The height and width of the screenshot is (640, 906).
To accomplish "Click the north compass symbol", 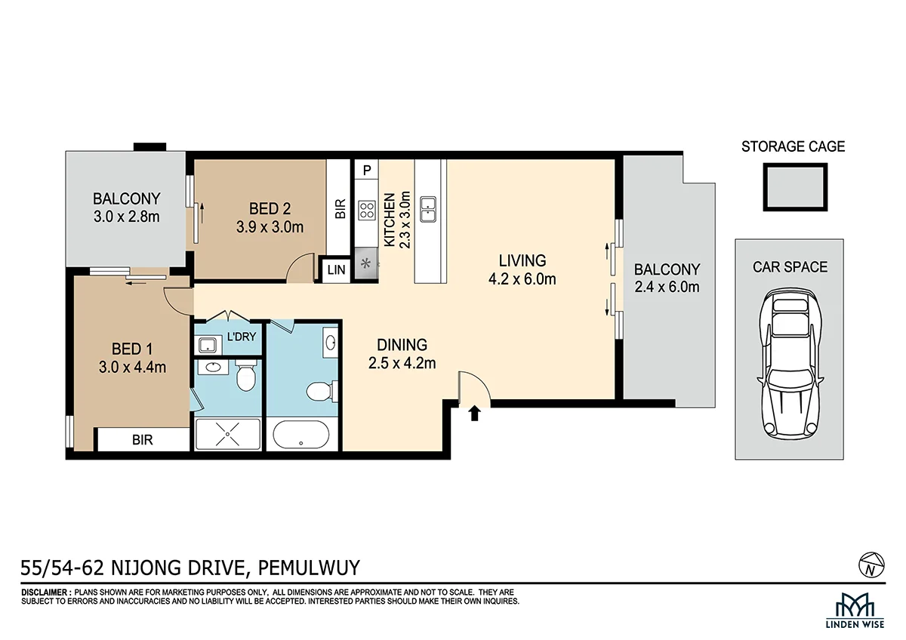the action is [871, 565].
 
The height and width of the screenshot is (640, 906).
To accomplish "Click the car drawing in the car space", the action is [790, 365].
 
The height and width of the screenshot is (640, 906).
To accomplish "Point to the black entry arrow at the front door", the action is [474, 413].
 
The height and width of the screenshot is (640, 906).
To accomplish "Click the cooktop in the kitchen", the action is [366, 211].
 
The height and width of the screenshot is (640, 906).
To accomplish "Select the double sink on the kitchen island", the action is [427, 209].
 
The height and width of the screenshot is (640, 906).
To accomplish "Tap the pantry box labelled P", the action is [366, 170].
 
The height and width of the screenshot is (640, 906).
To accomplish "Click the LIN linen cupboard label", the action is [336, 269].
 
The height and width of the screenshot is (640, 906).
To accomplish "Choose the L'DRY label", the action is [242, 337].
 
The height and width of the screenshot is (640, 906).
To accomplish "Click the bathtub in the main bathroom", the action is [301, 435].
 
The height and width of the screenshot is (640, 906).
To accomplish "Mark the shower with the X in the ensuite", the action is [228, 434].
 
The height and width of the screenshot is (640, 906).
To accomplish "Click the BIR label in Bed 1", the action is [143, 440].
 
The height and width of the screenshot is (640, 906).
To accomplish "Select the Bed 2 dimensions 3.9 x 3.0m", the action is [270, 227].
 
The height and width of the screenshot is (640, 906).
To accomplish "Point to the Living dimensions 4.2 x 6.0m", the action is [522, 279].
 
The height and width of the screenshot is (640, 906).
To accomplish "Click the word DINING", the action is [402, 345].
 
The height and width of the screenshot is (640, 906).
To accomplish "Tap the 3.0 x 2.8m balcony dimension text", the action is [127, 217].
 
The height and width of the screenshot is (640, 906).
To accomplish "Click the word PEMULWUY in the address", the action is [309, 568].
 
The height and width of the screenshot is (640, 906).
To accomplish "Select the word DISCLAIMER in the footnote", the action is [44, 592].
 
